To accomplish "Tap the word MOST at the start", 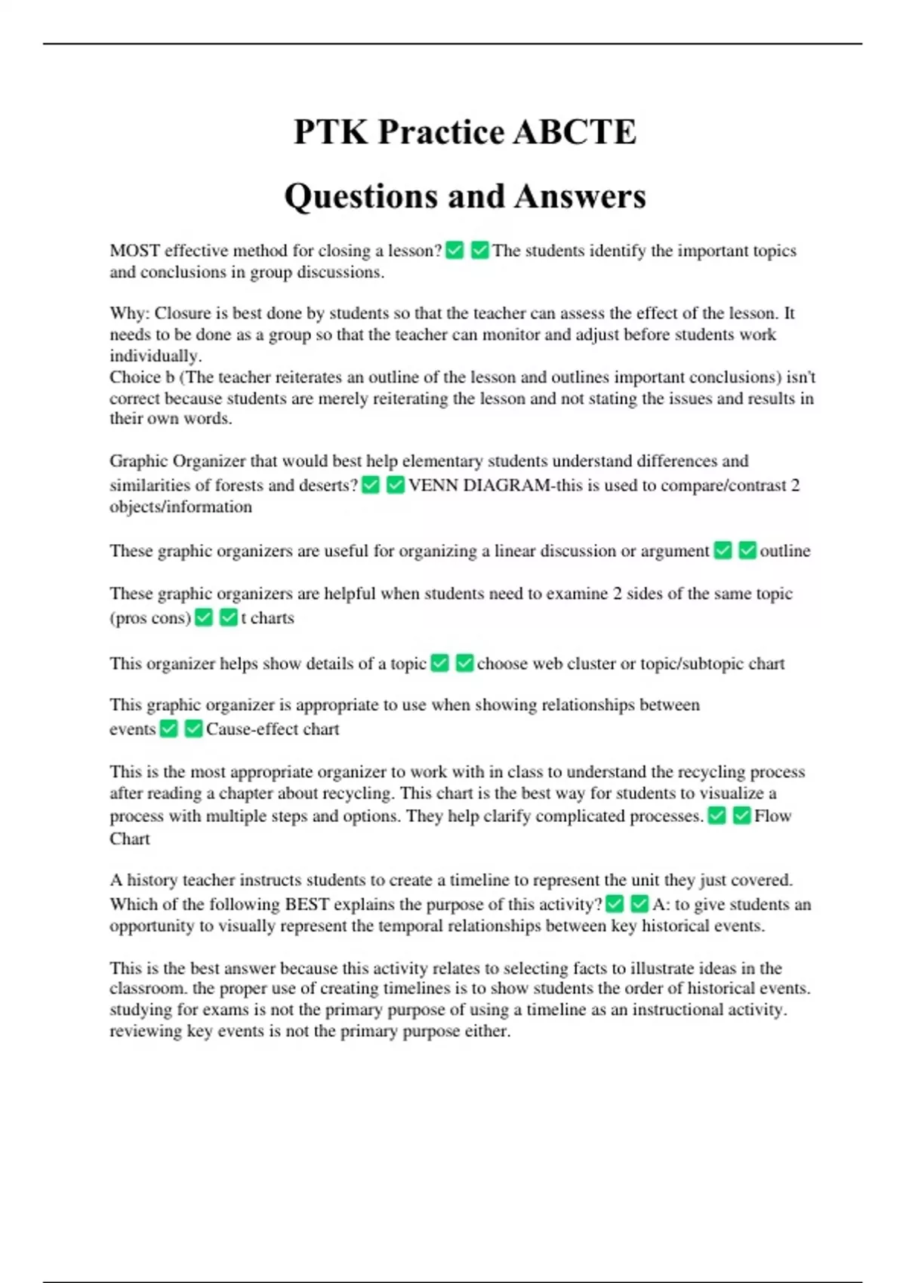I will (x=134, y=251).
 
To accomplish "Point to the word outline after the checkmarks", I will (x=784, y=551).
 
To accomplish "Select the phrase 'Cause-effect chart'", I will (x=273, y=729).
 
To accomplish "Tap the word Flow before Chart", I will (x=772, y=816).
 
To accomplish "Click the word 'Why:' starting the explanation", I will (x=130, y=313).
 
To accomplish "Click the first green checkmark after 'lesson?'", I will (x=455, y=250).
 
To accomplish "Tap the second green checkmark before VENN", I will (x=395, y=485).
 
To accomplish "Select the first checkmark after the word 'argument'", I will (x=723, y=550).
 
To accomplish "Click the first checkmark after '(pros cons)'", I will (x=204, y=617).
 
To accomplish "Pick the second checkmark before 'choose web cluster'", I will (x=465, y=663).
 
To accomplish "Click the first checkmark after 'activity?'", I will (x=615, y=903).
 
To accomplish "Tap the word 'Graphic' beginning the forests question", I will (x=138, y=461).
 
